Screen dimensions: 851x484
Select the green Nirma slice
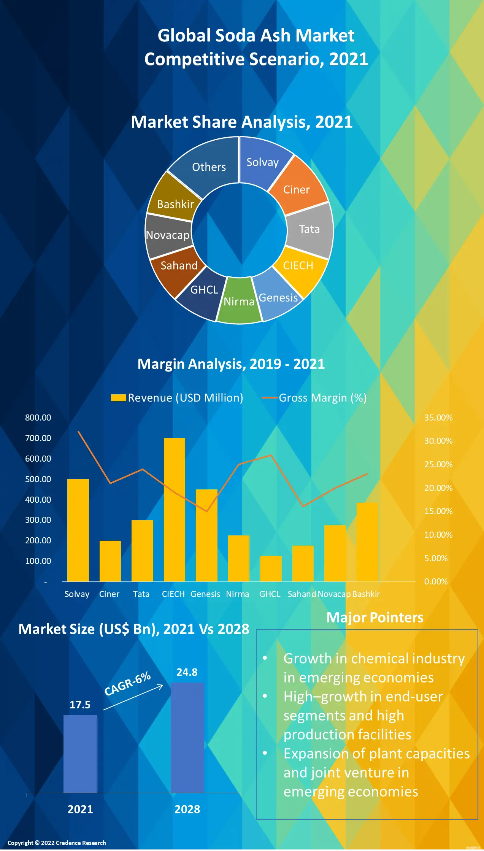239,302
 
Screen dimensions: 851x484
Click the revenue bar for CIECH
175,510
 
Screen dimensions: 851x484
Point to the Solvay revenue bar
78,530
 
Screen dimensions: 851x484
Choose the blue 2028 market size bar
187,738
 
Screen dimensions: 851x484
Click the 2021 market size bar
80,754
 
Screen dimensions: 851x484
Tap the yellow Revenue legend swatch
118,398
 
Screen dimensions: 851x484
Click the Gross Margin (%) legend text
322,398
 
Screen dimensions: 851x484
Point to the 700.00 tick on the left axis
38,438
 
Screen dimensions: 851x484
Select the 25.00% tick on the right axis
438,464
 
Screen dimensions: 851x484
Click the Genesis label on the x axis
205,594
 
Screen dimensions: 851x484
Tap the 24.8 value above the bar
187,672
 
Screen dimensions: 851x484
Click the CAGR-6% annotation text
128,683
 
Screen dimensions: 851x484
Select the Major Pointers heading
375,618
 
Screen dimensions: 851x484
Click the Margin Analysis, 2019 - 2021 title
231,364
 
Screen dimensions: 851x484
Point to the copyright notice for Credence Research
57,843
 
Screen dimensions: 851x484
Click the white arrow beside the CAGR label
133,697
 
